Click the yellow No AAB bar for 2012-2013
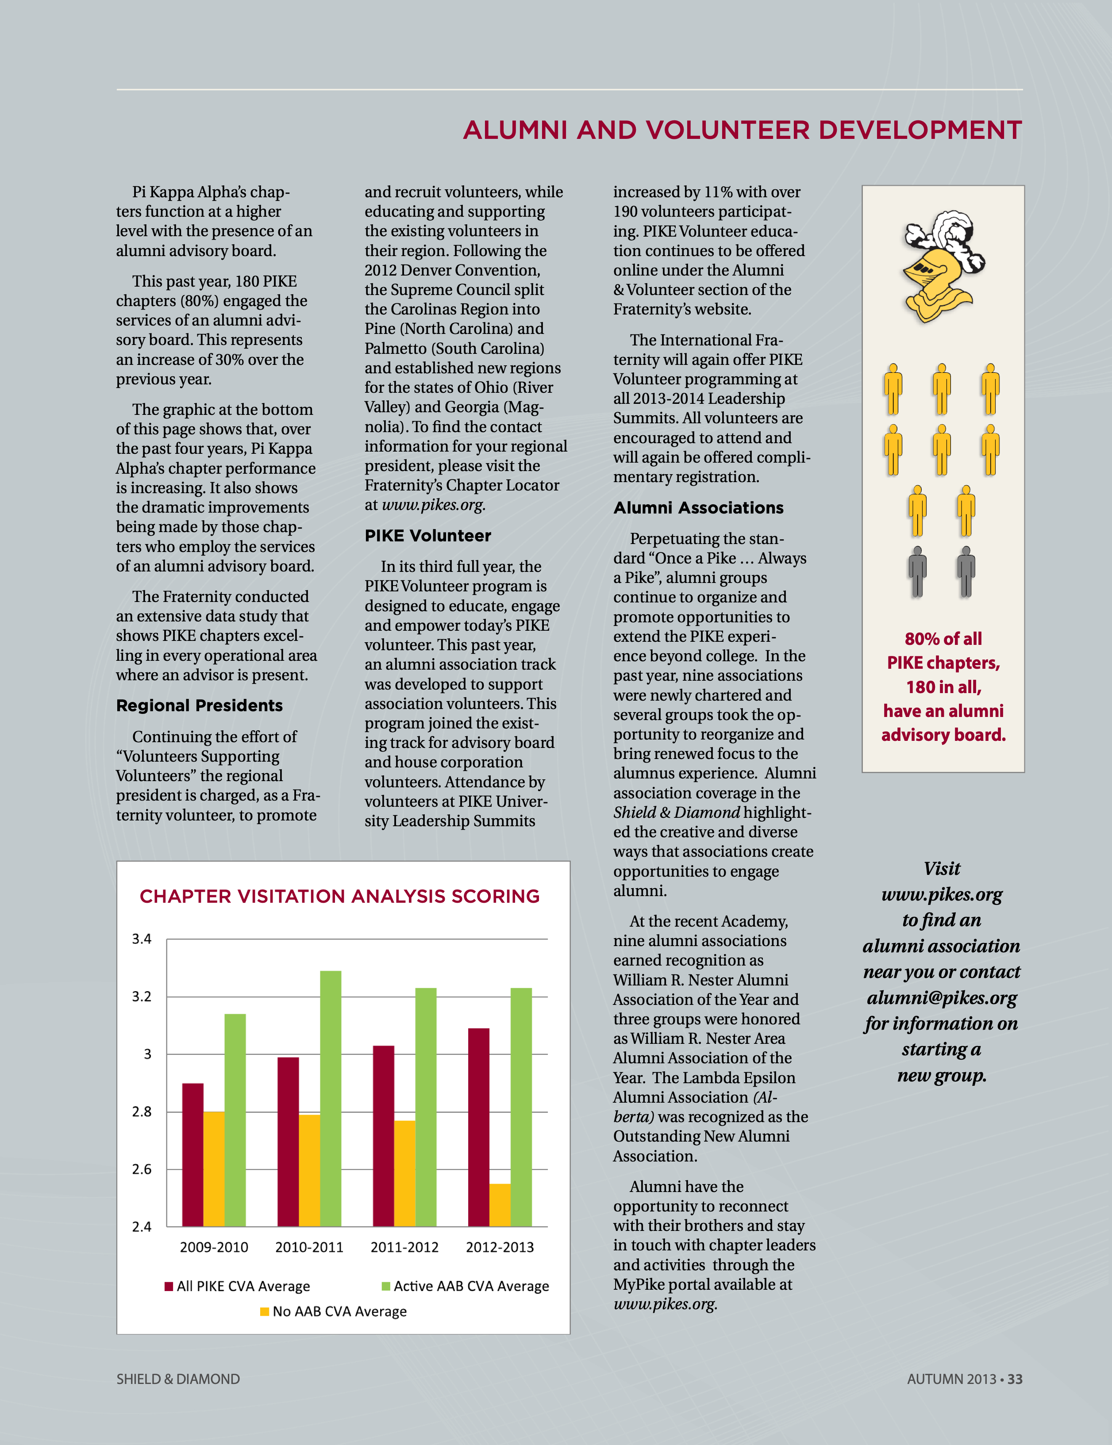coord(500,1205)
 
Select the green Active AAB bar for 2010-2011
coord(330,1098)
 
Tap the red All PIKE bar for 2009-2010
coord(192,1154)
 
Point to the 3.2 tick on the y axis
coord(142,997)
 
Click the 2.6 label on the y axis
coord(142,1169)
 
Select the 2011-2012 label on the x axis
coord(404,1247)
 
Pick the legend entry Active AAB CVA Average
coord(466,1286)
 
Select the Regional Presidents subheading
coord(199,705)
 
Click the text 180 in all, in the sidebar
coord(943,687)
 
